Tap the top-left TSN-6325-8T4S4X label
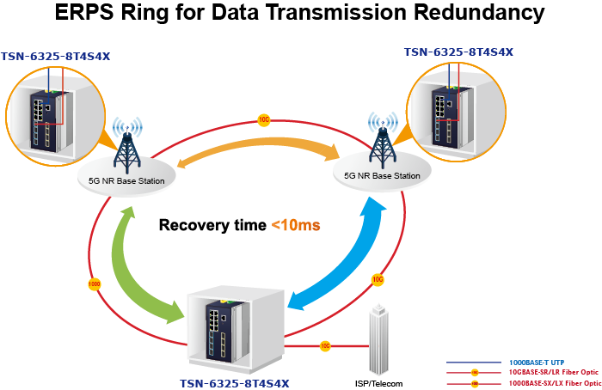tap(57, 57)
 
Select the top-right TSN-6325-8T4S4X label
tap(458, 52)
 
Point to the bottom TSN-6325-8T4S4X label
tap(235, 382)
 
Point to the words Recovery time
tap(212, 226)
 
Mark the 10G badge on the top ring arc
tap(264, 120)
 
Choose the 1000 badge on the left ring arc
tap(95, 283)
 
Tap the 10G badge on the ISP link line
tap(324, 346)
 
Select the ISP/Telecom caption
tap(379, 383)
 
